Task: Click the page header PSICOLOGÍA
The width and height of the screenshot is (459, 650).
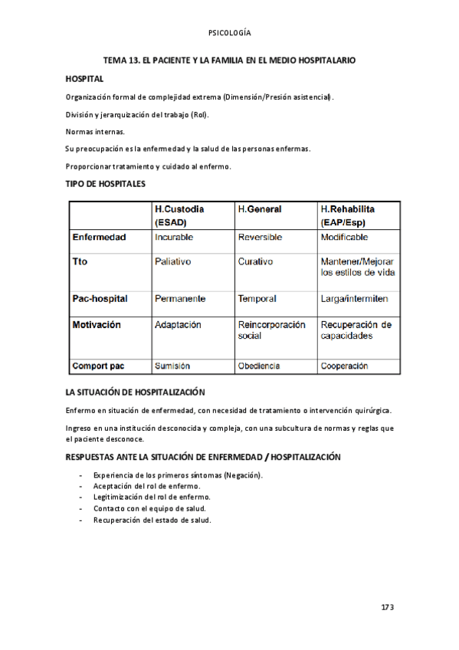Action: pyautogui.click(x=229, y=33)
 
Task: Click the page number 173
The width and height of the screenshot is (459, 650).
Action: pyautogui.click(x=387, y=608)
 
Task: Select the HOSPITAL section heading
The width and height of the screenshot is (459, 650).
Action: pyautogui.click(x=84, y=79)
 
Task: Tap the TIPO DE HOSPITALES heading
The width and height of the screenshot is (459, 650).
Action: pyautogui.click(x=106, y=184)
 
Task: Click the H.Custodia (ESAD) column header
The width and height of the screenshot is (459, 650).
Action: pyautogui.click(x=182, y=215)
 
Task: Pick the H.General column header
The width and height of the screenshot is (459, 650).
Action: pyautogui.click(x=259, y=209)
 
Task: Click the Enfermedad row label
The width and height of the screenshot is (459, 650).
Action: pyautogui.click(x=99, y=238)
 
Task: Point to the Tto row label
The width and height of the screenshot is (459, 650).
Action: pyautogui.click(x=80, y=261)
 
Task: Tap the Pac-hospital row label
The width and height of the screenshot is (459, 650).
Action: pyautogui.click(x=100, y=298)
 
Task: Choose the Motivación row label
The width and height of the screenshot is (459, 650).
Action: pyautogui.click(x=97, y=325)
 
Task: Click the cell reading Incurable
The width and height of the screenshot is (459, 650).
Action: pyautogui.click(x=174, y=238)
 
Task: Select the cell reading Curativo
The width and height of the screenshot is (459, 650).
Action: pyautogui.click(x=255, y=261)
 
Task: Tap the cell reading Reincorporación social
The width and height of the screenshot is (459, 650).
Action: pyautogui.click(x=271, y=330)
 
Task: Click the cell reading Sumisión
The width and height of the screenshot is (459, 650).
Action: pyautogui.click(x=172, y=366)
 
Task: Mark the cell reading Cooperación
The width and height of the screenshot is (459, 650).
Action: pyautogui.click(x=344, y=366)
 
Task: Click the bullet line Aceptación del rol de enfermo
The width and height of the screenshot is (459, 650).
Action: pyautogui.click(x=146, y=486)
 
